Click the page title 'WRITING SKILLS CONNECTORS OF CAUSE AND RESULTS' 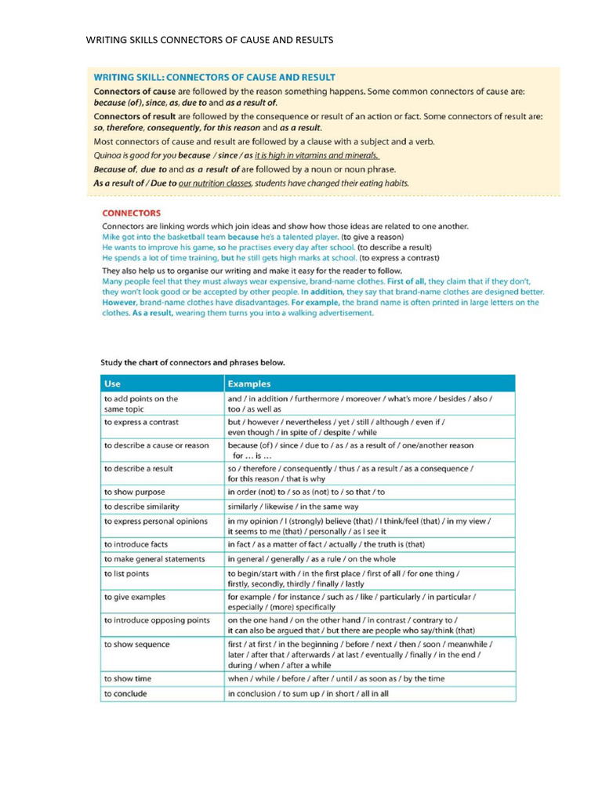[x=209, y=40]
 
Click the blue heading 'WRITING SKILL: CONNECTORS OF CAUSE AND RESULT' [x=214, y=78]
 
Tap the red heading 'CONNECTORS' [x=132, y=213]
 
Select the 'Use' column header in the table [x=112, y=383]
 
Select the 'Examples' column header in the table [x=248, y=383]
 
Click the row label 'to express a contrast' [x=141, y=422]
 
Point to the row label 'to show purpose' [x=134, y=492]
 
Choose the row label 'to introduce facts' [x=136, y=543]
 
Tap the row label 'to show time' [x=128, y=678]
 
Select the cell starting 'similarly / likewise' [x=293, y=507]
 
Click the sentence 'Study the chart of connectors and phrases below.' [x=193, y=363]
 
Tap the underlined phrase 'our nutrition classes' [x=215, y=183]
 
